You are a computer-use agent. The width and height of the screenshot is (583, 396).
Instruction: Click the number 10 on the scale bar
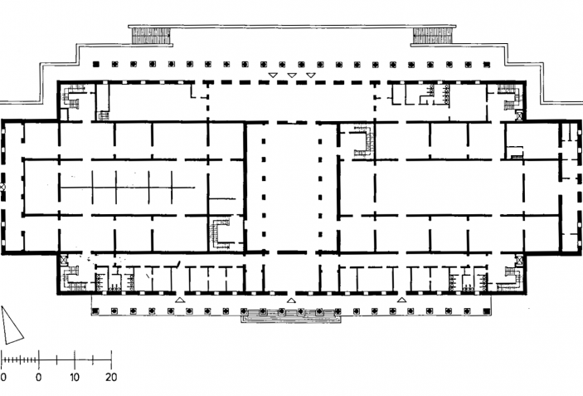(x=75, y=377)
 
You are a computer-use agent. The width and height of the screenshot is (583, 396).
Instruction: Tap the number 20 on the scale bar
(x=111, y=377)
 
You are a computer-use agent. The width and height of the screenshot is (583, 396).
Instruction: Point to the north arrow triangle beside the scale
(x=11, y=325)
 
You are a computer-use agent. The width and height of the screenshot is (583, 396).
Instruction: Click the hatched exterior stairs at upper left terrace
(x=151, y=36)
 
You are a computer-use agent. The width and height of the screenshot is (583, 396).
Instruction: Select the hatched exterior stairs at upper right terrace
(x=433, y=36)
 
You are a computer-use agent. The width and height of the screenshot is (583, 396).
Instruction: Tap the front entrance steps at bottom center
(x=291, y=315)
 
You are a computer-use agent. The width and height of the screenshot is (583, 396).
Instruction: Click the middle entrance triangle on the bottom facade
(x=291, y=300)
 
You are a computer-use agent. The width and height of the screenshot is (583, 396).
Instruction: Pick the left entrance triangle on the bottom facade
(x=180, y=300)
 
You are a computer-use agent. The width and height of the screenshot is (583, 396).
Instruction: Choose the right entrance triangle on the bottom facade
(x=401, y=300)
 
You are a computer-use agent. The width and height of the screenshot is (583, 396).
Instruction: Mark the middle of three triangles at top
(x=292, y=76)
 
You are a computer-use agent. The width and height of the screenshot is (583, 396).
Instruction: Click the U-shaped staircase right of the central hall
(x=364, y=141)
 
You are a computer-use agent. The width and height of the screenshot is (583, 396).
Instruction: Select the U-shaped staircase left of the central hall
(x=220, y=234)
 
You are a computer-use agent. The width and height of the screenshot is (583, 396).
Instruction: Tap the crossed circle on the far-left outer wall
(x=2, y=187)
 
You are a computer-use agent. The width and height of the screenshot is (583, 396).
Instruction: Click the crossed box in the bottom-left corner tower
(x=64, y=259)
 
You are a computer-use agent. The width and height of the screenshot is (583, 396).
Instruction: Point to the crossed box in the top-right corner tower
(x=519, y=116)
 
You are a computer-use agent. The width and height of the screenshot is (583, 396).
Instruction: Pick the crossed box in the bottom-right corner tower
(x=519, y=259)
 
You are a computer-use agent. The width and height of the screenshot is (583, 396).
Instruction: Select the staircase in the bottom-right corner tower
(x=510, y=278)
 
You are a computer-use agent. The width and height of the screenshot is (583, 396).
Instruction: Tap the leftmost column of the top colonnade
(x=96, y=65)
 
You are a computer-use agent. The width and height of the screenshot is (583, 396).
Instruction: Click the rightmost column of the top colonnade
(x=486, y=65)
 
